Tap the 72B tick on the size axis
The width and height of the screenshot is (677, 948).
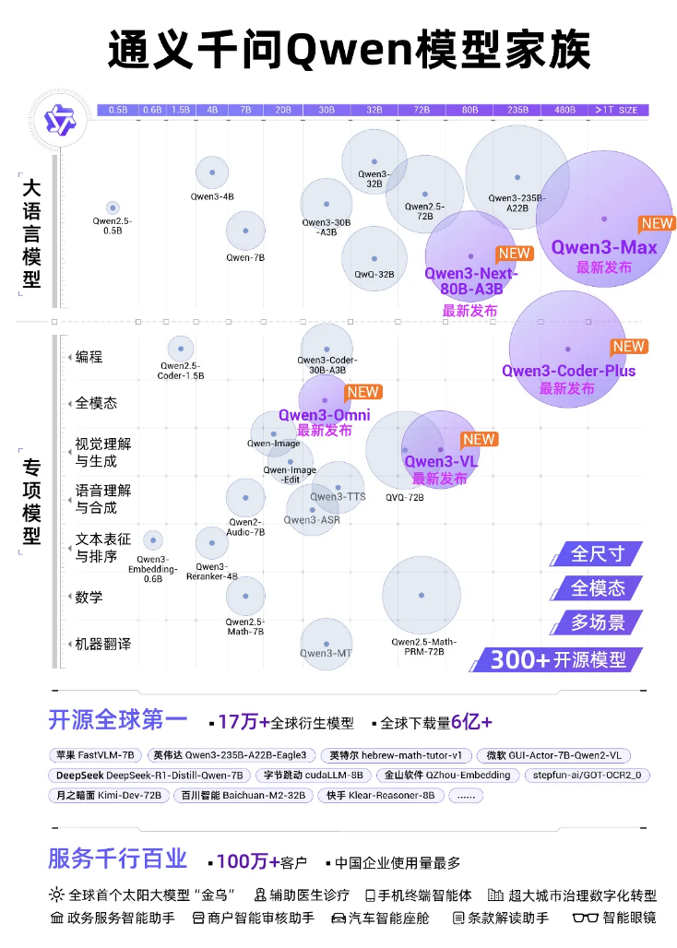tap(422, 110)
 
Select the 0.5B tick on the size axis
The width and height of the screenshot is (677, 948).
tap(118, 110)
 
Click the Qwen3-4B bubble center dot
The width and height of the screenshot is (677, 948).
tap(212, 172)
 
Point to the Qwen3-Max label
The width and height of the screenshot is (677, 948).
tap(604, 247)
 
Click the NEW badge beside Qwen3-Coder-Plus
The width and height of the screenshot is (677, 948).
tap(629, 347)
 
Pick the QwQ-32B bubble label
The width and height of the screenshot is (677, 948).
tap(374, 274)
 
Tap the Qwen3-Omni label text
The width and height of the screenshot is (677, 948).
tap(325, 415)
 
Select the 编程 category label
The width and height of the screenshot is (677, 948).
tap(89, 357)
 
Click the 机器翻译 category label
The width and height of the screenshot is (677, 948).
tap(102, 644)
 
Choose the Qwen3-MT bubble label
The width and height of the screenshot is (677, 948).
tap(326, 653)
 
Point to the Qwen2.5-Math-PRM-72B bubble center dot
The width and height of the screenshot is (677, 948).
tap(422, 596)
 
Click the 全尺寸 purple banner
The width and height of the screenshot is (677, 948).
tap(598, 553)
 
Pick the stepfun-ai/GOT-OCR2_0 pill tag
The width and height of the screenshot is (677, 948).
tap(588, 775)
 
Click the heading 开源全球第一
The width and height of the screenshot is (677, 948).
tap(117, 719)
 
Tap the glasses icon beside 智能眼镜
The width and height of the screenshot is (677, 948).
tap(586, 918)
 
